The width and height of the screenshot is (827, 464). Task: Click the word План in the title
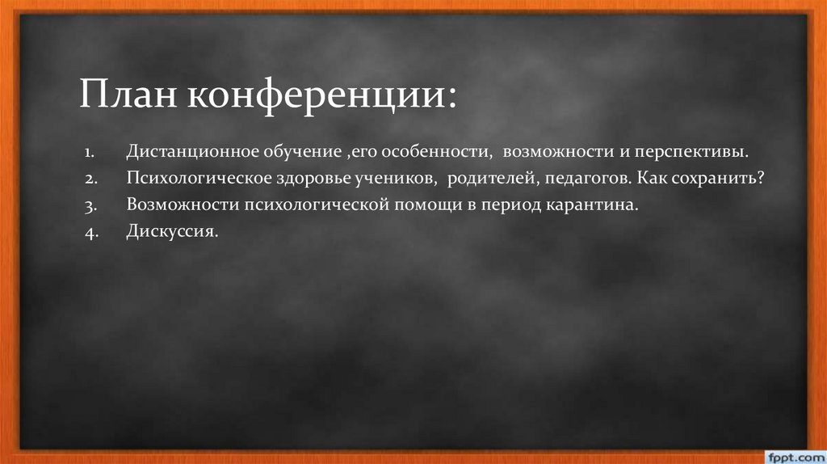click(x=129, y=96)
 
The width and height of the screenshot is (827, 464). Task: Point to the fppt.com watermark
click(x=791, y=455)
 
